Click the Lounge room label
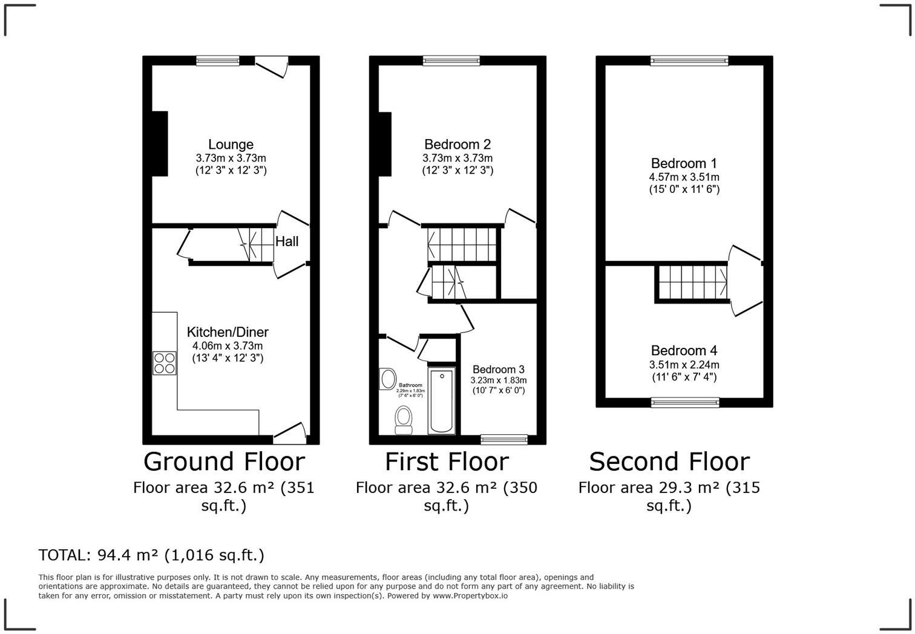tap(231, 145)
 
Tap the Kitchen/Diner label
tap(228, 332)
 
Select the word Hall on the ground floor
tap(287, 241)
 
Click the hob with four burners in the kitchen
tap(165, 362)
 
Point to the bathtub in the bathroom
tap(442, 400)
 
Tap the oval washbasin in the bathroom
tap(387, 379)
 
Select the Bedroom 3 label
tap(499, 370)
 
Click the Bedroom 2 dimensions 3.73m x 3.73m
tap(457, 158)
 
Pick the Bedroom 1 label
tap(684, 163)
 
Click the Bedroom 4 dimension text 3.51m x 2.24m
tap(684, 365)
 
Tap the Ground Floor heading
tap(224, 462)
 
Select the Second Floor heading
tap(669, 462)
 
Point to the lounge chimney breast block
tap(159, 144)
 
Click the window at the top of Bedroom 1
tap(689, 60)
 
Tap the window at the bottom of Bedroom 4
tap(685, 402)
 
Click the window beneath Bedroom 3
tap(504, 439)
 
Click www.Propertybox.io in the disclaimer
tap(470, 596)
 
